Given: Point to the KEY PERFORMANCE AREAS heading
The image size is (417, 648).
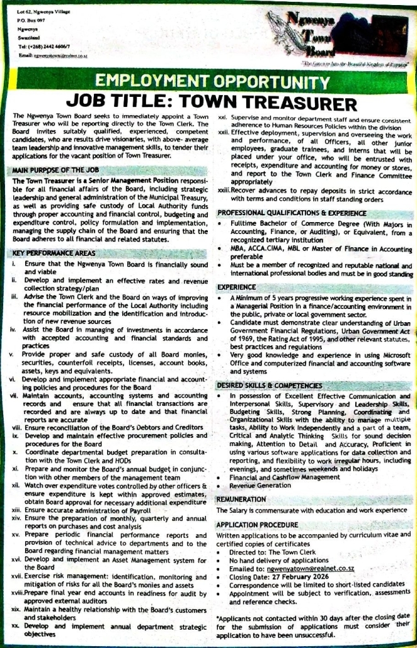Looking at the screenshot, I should coord(52,254).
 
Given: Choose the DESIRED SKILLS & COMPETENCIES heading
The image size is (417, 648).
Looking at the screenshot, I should coord(270,385).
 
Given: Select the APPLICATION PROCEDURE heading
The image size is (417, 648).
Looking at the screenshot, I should coord(258,524).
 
